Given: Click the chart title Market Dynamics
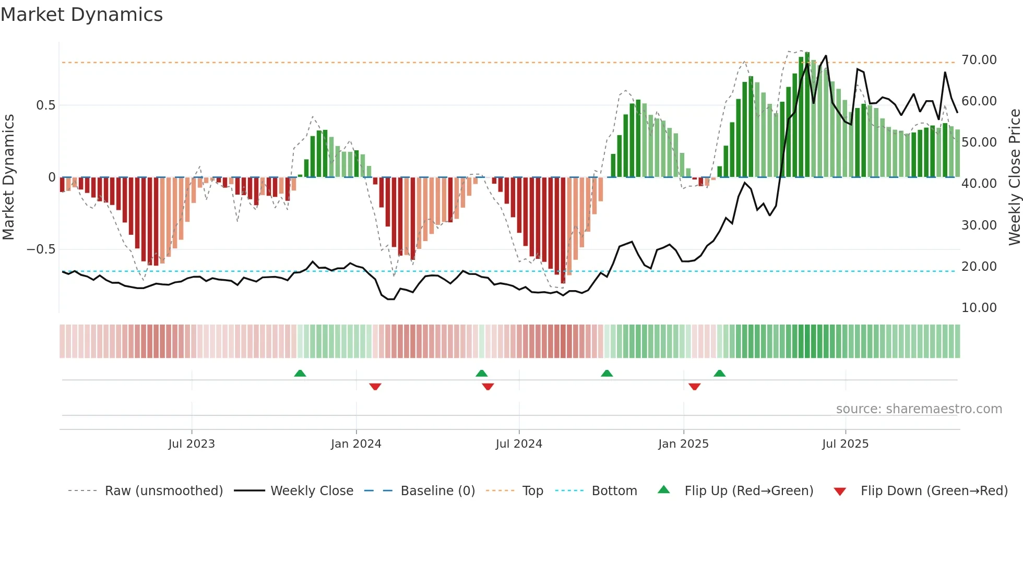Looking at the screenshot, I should pos(81,15).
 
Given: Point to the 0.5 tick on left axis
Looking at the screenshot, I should pos(45,105).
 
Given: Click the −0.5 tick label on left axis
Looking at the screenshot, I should pos(41,249).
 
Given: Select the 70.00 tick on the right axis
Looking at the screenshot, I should pos(979,60).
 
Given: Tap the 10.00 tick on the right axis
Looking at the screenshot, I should pos(979,308).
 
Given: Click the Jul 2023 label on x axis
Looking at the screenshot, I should pos(192,444).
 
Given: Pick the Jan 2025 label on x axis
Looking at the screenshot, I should pos(683,444).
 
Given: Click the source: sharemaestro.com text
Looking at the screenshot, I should pos(919,409).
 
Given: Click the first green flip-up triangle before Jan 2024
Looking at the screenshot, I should pos(300,374).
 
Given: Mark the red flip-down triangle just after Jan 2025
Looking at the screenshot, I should pos(694,387).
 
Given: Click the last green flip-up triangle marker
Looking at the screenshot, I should pos(719,374).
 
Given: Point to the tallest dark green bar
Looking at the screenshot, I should pos(807,115).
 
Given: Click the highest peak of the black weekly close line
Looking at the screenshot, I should pos(826,56).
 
